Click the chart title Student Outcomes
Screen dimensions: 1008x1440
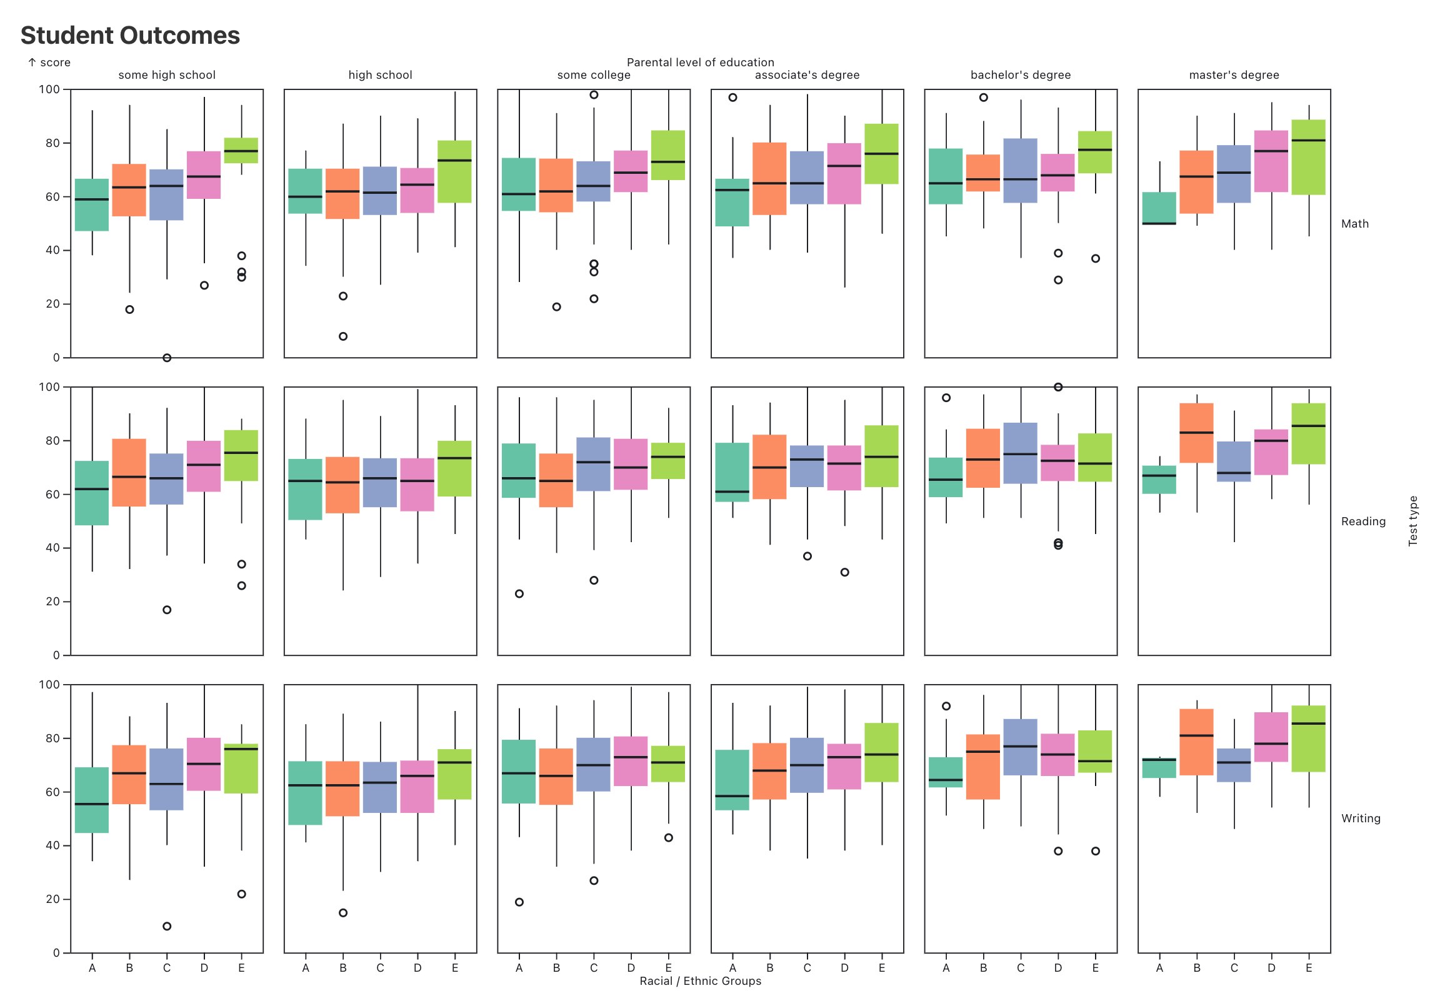(x=130, y=36)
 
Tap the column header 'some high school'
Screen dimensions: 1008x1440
(x=167, y=75)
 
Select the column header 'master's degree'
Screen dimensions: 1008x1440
(x=1234, y=75)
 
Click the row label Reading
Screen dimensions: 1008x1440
(x=1363, y=522)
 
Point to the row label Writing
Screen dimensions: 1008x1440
(x=1361, y=819)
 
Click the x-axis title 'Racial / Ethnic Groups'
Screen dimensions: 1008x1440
(x=700, y=981)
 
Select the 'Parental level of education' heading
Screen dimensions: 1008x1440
(x=700, y=63)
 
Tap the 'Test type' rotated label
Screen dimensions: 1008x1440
(x=1413, y=521)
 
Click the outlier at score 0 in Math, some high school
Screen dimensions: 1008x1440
(x=167, y=358)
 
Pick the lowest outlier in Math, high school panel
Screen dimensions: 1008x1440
(x=343, y=336)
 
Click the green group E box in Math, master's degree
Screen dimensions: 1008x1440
(x=1308, y=157)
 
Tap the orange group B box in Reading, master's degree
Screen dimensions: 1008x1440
(x=1196, y=433)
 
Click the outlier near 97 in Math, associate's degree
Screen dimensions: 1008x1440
(x=732, y=98)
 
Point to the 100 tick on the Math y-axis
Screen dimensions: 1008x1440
(x=49, y=89)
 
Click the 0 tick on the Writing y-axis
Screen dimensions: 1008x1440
(x=56, y=953)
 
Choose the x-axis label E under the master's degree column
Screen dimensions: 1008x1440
(x=1308, y=968)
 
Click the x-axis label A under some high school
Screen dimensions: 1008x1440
(x=92, y=968)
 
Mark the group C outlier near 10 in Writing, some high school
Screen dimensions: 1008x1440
(x=167, y=927)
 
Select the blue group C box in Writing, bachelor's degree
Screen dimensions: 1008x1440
(x=1021, y=747)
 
